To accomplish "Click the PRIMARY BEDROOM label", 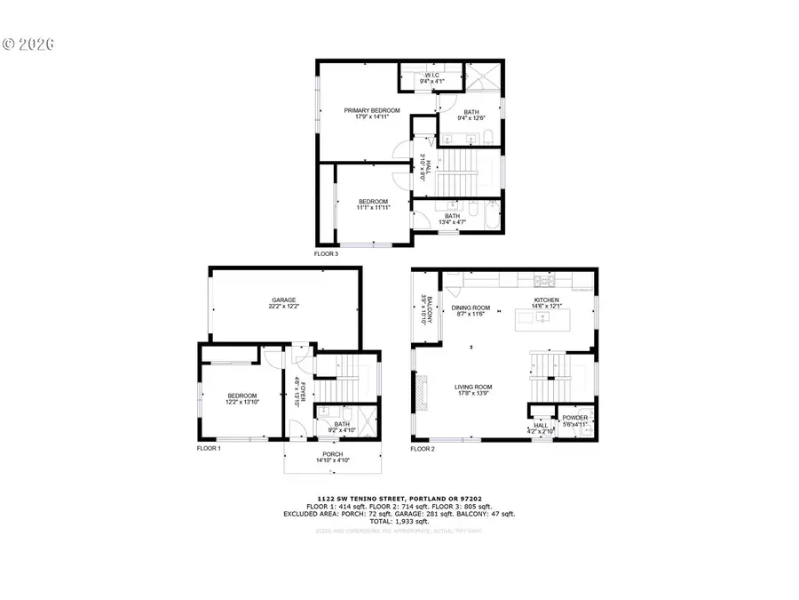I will pyautogui.click(x=372, y=110).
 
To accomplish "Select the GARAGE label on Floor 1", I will pyautogui.click(x=283, y=300).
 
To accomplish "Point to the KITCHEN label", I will pyautogui.click(x=546, y=300).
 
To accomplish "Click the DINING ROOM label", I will pyautogui.click(x=471, y=308).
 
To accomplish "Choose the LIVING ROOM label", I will pyautogui.click(x=473, y=387).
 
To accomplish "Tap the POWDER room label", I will pyautogui.click(x=574, y=418).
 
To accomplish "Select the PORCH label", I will pyautogui.click(x=333, y=454).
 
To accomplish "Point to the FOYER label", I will pyautogui.click(x=303, y=392).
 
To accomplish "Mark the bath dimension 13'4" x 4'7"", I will pyautogui.click(x=452, y=222).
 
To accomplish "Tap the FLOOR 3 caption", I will pyautogui.click(x=326, y=253).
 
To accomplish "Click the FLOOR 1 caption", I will pyautogui.click(x=209, y=449).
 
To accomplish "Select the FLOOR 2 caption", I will pyautogui.click(x=423, y=449).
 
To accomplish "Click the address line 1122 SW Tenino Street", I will pyautogui.click(x=399, y=499).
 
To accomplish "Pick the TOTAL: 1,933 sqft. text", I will pyautogui.click(x=399, y=522).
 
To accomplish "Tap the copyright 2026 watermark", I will pyautogui.click(x=29, y=42).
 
